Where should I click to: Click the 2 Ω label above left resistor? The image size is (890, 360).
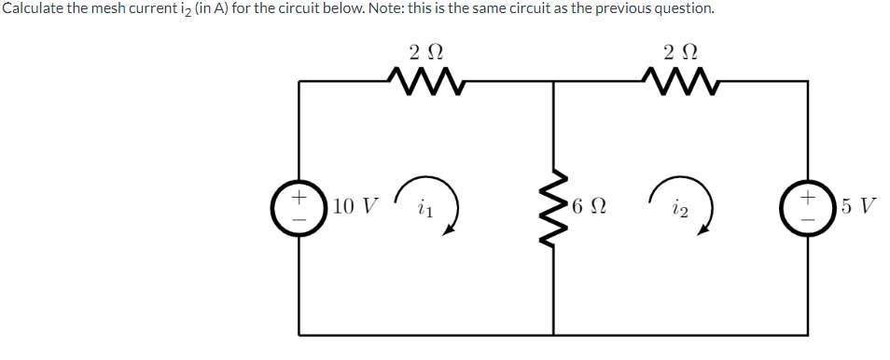coord(425,49)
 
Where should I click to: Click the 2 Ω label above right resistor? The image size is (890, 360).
coord(681,49)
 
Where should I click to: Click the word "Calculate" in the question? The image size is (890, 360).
coord(34,9)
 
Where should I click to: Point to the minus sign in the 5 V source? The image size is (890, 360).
coord(808,218)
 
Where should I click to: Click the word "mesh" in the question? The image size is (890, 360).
coord(112,9)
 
